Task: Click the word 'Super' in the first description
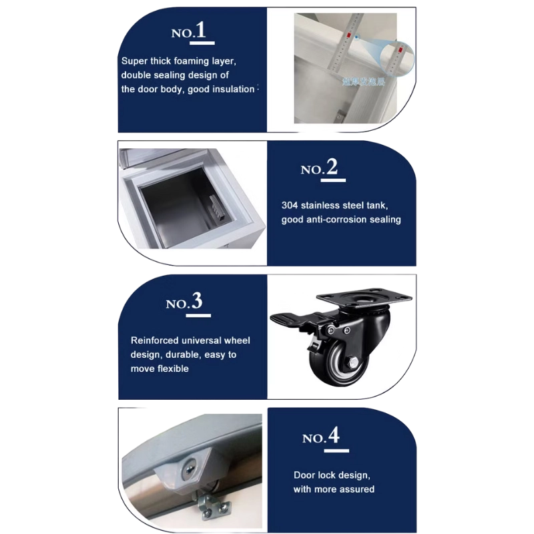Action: click(x=134, y=61)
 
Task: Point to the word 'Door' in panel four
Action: click(x=304, y=475)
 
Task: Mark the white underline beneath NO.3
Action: click(x=194, y=314)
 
